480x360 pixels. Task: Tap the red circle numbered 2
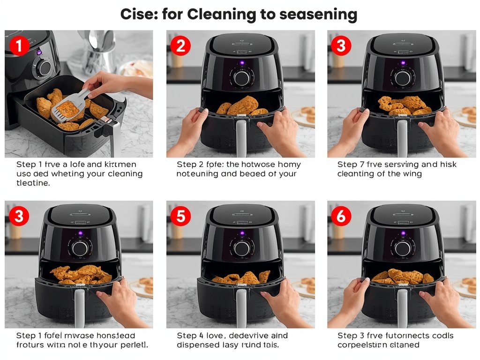(x=180, y=46)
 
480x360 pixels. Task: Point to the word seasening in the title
(x=318, y=15)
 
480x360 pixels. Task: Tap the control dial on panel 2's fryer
(x=241, y=78)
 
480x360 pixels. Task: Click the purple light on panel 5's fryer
(x=242, y=233)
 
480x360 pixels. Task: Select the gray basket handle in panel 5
(x=242, y=307)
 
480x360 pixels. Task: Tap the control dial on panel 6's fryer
(x=402, y=248)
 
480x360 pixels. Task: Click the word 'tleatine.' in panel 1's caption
(x=33, y=183)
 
